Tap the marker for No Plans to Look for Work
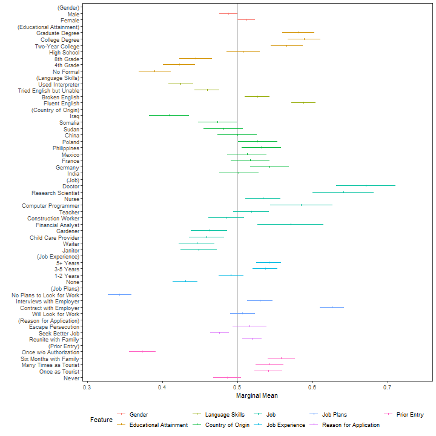pyautogui.click(x=120, y=294)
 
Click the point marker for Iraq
pyautogui.click(x=169, y=115)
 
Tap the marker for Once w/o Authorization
pyautogui.click(x=142, y=351)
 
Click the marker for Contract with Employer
pyautogui.click(x=332, y=307)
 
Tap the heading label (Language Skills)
pyautogui.click(x=58, y=78)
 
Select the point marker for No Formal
pyautogui.click(x=154, y=71)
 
